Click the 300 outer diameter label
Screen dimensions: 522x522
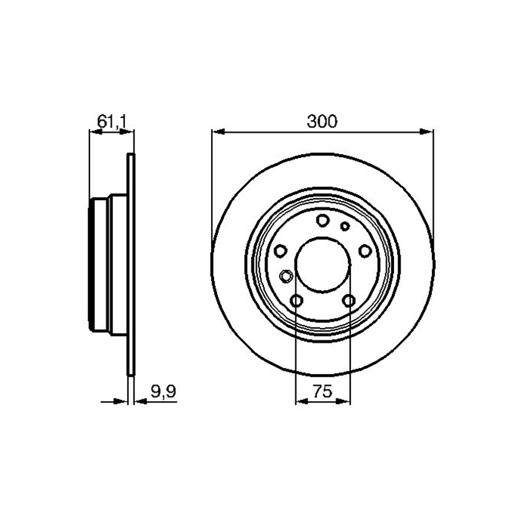pyautogui.click(x=322, y=121)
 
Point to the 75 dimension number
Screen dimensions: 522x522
pyautogui.click(x=323, y=391)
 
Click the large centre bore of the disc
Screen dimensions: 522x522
pyautogui.click(x=323, y=265)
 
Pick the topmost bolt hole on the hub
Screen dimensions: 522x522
pyautogui.click(x=322, y=220)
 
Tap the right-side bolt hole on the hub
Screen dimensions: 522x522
pyautogui.click(x=365, y=250)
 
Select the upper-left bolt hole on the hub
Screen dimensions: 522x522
pyautogui.click(x=280, y=250)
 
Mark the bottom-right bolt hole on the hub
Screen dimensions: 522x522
pyautogui.click(x=349, y=301)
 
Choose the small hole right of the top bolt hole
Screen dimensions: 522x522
pyautogui.click(x=345, y=226)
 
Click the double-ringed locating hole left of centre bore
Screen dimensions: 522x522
pyautogui.click(x=285, y=276)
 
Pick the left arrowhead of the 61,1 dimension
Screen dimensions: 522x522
pyautogui.click(x=95, y=132)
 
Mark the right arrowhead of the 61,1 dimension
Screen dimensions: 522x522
pyautogui.click(x=128, y=132)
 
